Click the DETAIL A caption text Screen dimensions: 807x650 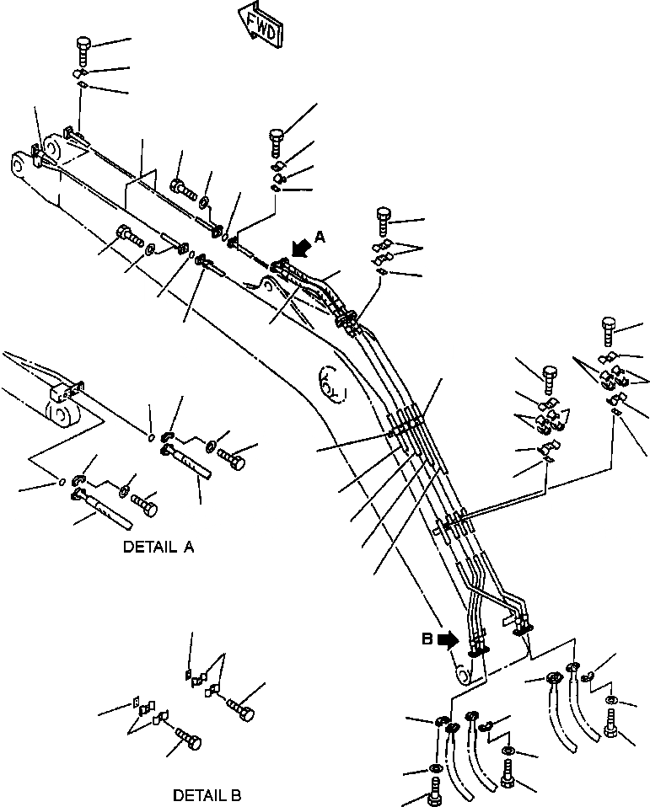point(158,547)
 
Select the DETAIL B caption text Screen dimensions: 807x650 point(207,794)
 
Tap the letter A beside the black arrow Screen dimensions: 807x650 point(319,238)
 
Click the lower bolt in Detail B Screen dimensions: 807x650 point(187,741)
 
